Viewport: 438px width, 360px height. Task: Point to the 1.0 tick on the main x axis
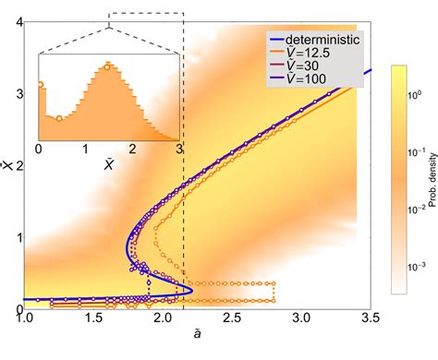[x=25, y=318]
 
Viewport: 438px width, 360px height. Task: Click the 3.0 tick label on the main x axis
[x=301, y=318]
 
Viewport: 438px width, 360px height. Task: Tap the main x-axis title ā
[x=198, y=338]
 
